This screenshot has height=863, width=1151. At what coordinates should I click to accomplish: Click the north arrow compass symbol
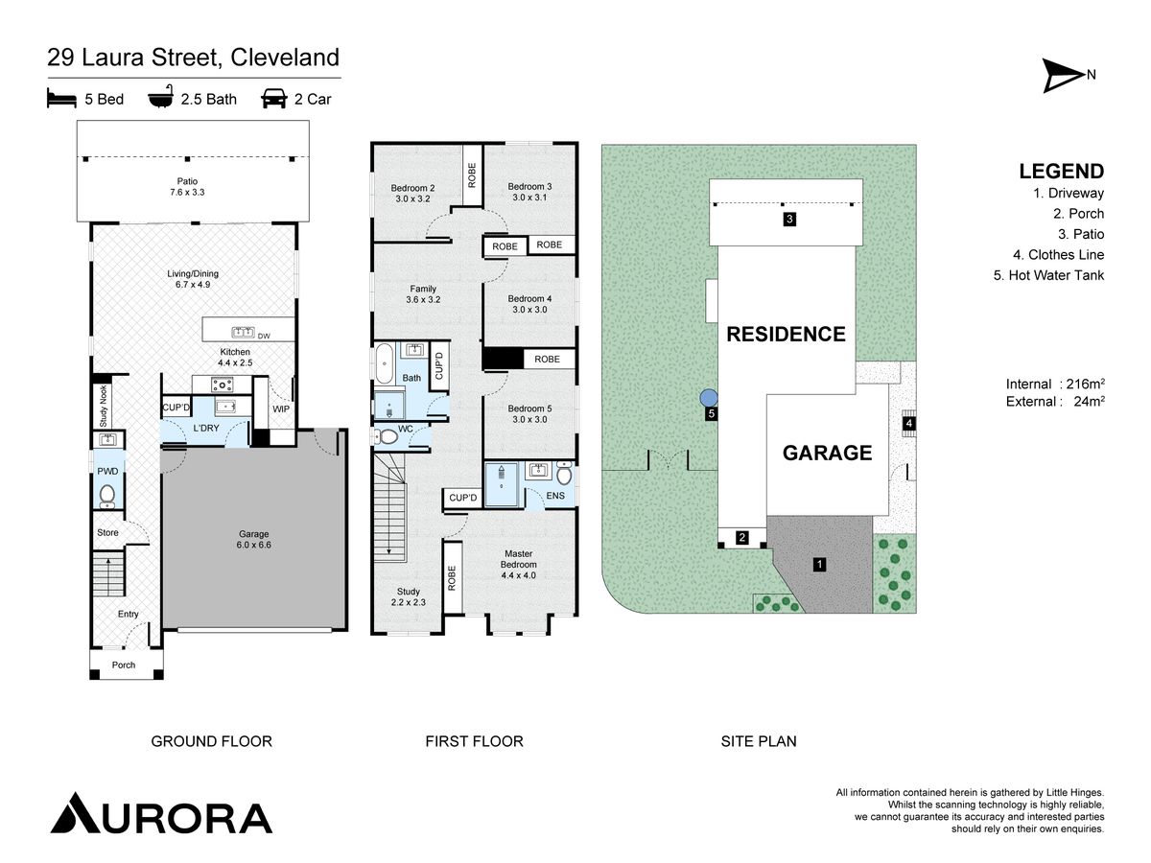(x=1062, y=76)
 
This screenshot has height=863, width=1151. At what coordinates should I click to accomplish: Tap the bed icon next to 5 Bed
(x=61, y=99)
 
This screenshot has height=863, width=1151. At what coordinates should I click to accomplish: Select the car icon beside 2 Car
(x=273, y=99)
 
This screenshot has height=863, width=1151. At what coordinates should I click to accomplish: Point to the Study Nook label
(x=104, y=406)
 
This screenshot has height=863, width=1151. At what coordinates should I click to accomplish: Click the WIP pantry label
(x=281, y=408)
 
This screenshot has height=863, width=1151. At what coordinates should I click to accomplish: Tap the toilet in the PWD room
(x=107, y=495)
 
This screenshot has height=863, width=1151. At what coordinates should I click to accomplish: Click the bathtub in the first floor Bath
(x=385, y=363)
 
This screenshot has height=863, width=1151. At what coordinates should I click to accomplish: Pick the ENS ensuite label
(x=555, y=495)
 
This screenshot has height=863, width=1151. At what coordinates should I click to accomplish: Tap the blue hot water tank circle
(x=709, y=398)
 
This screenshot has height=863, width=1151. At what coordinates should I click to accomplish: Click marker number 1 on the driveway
(x=819, y=565)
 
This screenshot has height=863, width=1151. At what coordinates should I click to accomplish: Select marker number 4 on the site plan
(x=908, y=423)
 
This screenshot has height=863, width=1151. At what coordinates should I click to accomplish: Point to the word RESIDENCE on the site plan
(x=786, y=334)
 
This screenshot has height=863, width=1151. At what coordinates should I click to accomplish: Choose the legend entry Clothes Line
(x=1058, y=255)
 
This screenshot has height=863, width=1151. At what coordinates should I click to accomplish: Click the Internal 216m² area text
(x=1055, y=385)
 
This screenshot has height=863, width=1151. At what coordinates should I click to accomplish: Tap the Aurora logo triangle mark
(x=76, y=812)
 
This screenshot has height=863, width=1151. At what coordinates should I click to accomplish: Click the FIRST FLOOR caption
(x=474, y=741)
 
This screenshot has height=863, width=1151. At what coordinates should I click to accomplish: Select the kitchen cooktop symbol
(x=223, y=385)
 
